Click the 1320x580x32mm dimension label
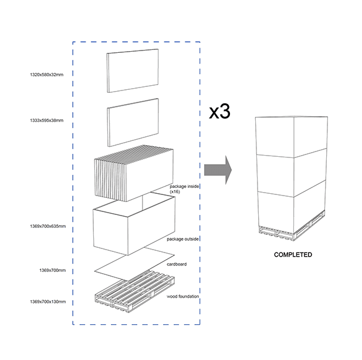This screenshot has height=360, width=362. [46, 75]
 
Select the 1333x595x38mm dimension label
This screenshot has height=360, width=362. [46, 120]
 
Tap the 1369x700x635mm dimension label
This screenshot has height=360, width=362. [48, 226]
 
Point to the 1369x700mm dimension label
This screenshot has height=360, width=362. [52, 270]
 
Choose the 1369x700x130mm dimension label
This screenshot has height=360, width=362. [48, 301]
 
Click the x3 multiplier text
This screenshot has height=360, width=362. [219, 112]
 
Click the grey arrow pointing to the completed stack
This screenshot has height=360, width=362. [218, 170]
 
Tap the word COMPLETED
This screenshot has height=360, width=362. [293, 255]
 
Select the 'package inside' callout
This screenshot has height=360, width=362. [184, 187]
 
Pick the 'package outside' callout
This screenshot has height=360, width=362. [182, 239]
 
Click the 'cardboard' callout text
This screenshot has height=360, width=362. [177, 264]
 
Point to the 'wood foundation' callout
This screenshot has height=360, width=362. [182, 296]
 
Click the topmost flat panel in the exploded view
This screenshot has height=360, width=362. [133, 70]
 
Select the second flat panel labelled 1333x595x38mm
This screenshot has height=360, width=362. [133, 123]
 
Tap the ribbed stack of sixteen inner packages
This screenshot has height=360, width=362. [134, 173]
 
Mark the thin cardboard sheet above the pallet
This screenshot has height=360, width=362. [134, 264]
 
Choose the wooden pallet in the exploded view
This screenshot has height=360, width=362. [134, 292]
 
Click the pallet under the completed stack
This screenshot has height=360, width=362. [292, 228]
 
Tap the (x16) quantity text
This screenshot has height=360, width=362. [175, 192]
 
